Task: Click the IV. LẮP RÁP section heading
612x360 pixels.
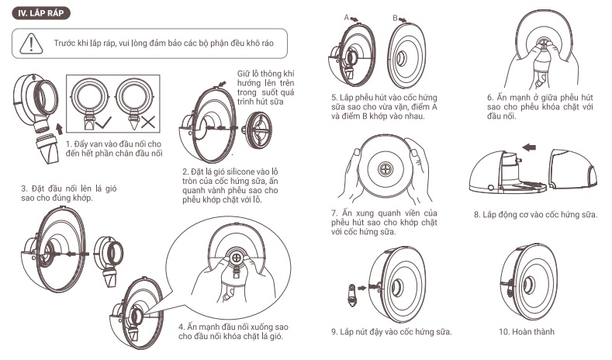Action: (x=40, y=12)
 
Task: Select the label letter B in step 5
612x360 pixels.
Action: (x=395, y=16)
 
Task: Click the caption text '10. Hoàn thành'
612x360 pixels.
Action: (x=527, y=332)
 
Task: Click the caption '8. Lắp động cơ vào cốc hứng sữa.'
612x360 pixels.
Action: (x=535, y=213)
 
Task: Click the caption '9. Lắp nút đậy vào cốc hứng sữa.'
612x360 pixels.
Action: (x=391, y=332)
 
